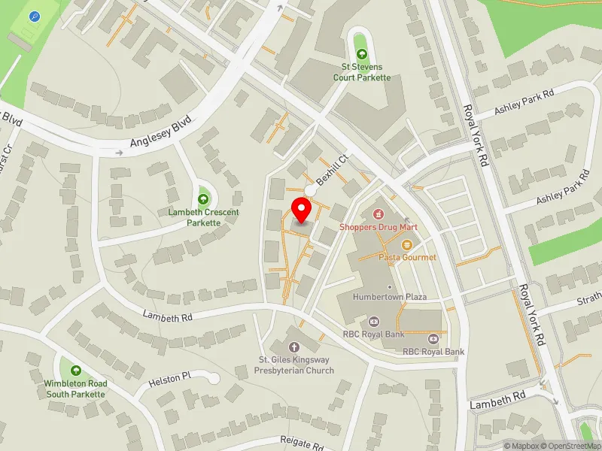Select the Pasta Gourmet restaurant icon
[x=407, y=244]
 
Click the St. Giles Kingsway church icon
[x=293, y=347]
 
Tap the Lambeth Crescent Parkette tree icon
[x=204, y=199]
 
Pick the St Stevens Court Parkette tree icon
[x=363, y=53]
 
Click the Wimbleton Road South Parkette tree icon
[x=76, y=371]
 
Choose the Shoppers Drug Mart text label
[x=379, y=227]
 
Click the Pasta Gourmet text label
[x=407, y=257]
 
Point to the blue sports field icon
[x=35, y=17]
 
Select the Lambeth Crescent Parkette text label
[x=204, y=217]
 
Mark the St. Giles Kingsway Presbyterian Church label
[x=293, y=365]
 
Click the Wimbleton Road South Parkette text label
[x=76, y=389]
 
